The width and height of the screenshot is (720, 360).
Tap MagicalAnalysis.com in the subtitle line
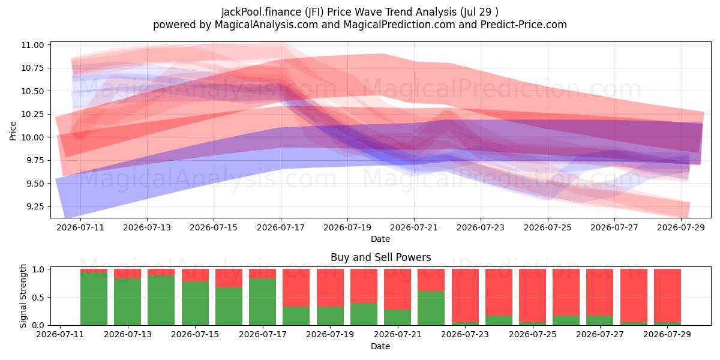click(x=266, y=25)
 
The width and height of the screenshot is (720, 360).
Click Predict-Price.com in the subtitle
click(x=524, y=25)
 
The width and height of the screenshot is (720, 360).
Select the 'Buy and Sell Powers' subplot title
click(x=380, y=257)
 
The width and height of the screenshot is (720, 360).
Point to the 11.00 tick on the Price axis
click(x=32, y=45)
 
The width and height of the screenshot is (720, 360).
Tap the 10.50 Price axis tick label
click(x=32, y=91)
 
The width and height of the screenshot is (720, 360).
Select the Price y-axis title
click(x=13, y=131)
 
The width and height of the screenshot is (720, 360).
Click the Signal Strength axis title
click(x=23, y=296)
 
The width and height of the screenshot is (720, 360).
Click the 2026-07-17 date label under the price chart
click(x=281, y=227)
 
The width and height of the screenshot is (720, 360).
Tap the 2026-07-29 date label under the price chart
click(x=681, y=227)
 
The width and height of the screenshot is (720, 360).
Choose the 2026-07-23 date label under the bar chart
click(x=465, y=335)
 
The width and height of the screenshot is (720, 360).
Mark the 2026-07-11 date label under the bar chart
click(x=60, y=335)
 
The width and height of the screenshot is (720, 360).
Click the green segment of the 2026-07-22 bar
click(x=431, y=308)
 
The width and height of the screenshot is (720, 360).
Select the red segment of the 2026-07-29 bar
click(x=667, y=295)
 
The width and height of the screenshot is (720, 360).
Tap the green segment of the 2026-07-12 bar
click(x=94, y=299)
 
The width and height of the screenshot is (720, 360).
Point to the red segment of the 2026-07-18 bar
click(x=296, y=287)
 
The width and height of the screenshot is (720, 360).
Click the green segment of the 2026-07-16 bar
click(x=229, y=306)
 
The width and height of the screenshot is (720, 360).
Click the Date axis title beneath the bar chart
click(x=380, y=347)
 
